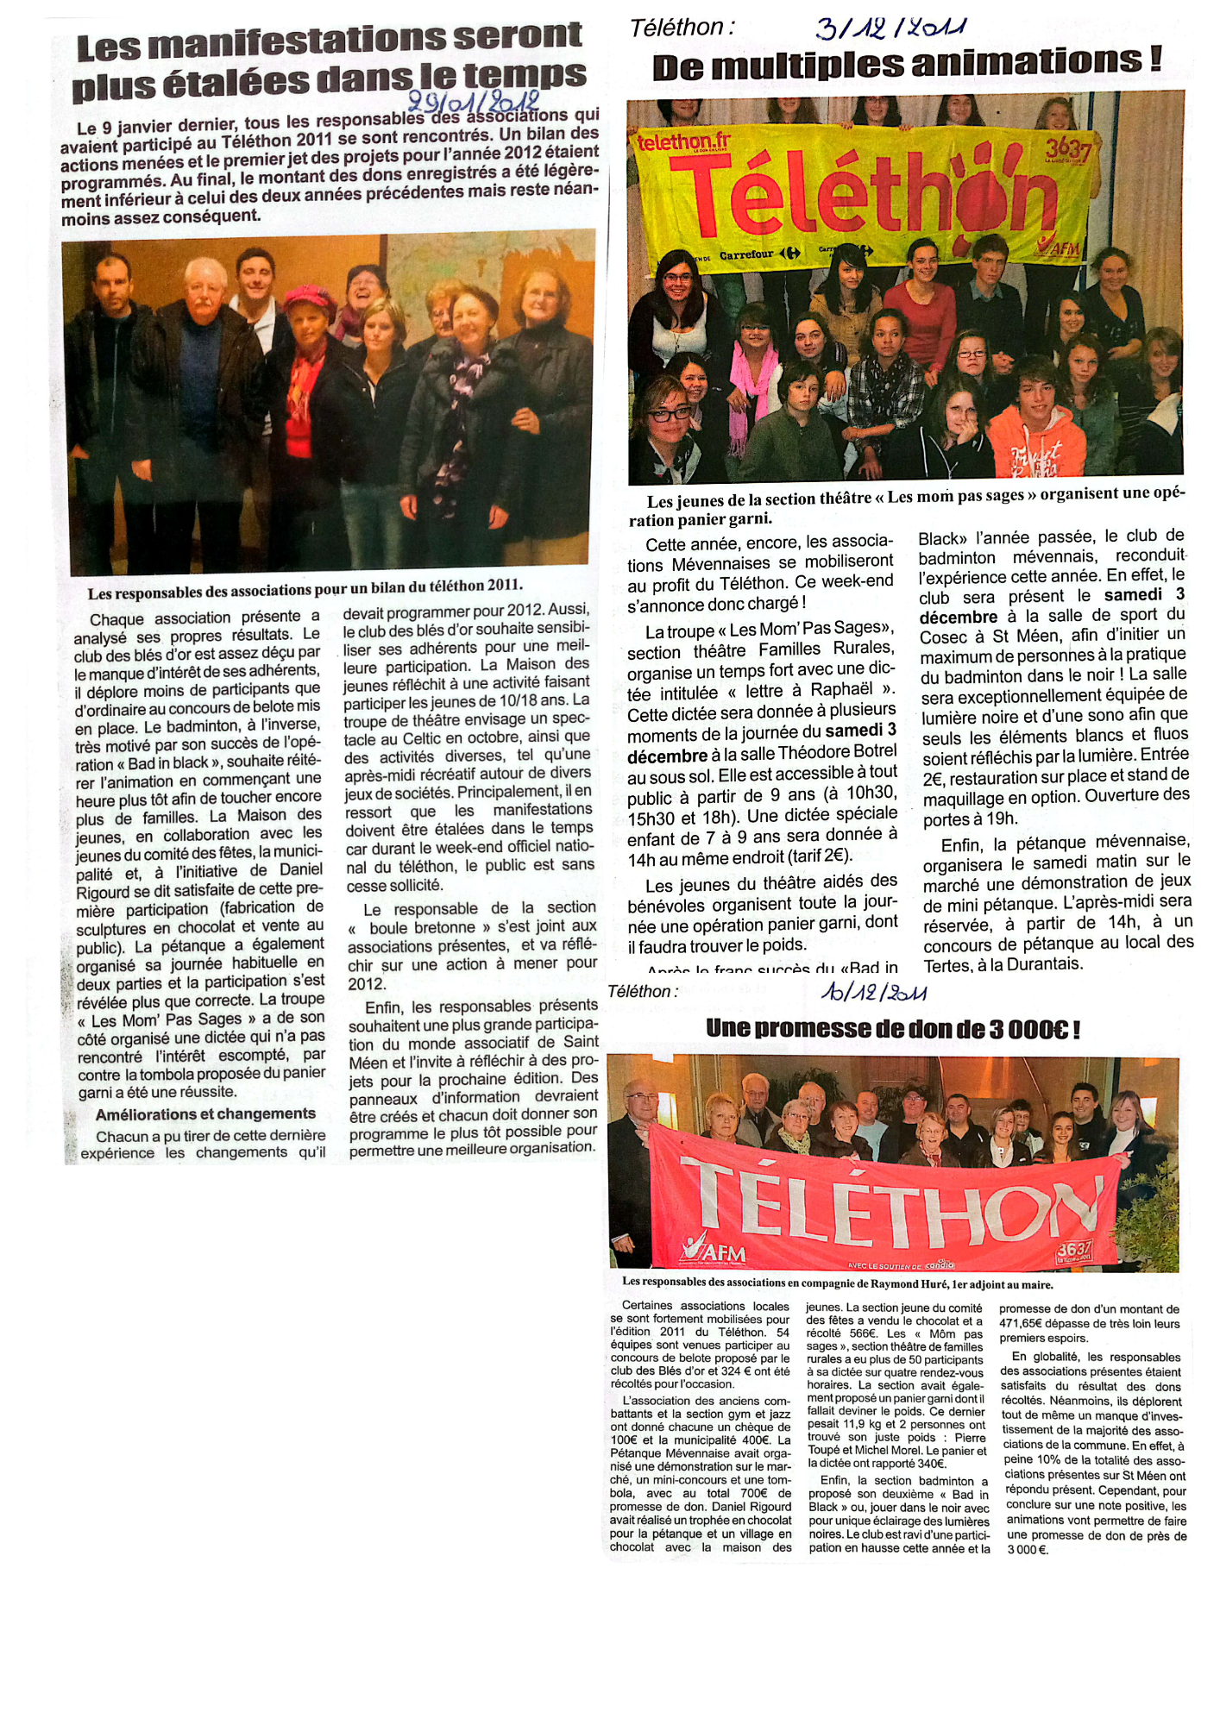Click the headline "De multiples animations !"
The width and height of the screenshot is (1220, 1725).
[907, 64]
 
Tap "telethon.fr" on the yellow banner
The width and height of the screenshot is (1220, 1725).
[682, 141]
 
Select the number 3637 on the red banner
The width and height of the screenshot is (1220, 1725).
[1074, 1248]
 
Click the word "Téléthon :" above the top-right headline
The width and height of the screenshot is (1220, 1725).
[682, 28]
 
